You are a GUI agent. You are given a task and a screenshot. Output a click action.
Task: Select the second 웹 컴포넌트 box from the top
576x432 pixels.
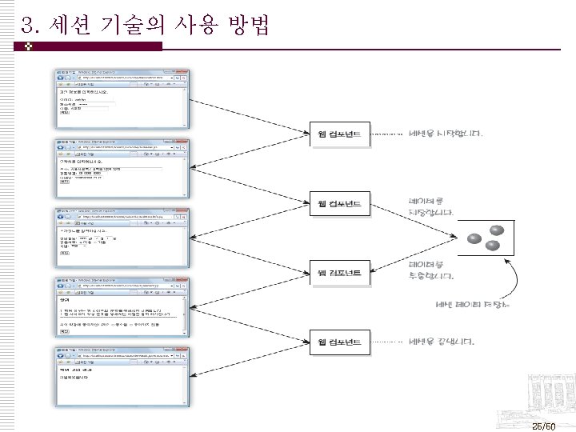(339, 203)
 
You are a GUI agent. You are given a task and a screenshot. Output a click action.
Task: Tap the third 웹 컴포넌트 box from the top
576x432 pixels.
(339, 273)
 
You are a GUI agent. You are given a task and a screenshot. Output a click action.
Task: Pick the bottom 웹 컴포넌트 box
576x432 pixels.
(339, 342)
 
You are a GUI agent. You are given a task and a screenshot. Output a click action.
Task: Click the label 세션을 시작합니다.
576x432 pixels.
(446, 134)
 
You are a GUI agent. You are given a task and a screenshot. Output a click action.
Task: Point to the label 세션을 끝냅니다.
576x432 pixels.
(442, 342)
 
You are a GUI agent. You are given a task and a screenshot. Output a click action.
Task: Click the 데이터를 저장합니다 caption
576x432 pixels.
(431, 207)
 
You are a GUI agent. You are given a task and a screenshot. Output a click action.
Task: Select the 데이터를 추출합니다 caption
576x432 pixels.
(431, 270)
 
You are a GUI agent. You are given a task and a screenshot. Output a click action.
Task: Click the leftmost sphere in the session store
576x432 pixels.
(474, 239)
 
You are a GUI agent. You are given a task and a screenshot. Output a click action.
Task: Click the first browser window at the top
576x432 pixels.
(120, 96)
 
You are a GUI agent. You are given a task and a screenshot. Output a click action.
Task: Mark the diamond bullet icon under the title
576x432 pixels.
(28, 47)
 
